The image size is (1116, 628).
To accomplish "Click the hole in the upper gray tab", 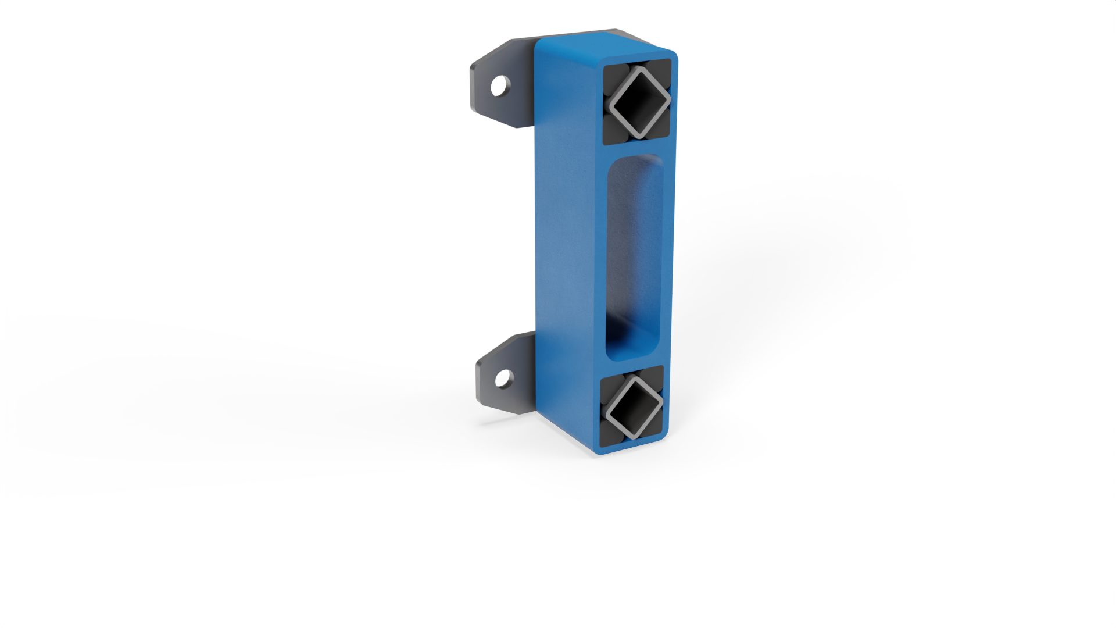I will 498,87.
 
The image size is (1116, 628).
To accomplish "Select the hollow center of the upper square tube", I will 638,102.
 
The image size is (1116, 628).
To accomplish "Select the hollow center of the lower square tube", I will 632,406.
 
